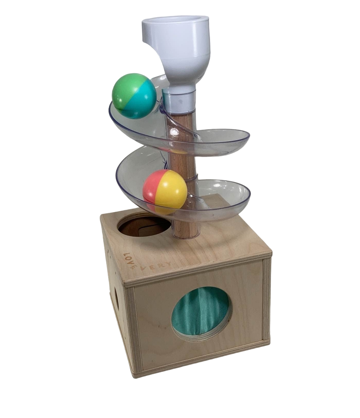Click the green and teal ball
point(134,96)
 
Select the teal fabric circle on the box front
point(201,313)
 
